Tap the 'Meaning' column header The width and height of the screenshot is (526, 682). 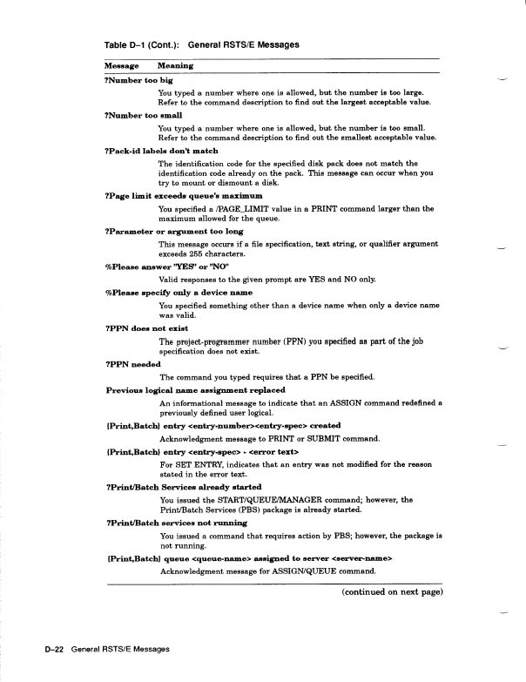click(176, 66)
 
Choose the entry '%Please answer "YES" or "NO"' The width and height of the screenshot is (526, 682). click(158, 268)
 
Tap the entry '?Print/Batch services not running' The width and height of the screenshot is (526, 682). click(172, 523)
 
